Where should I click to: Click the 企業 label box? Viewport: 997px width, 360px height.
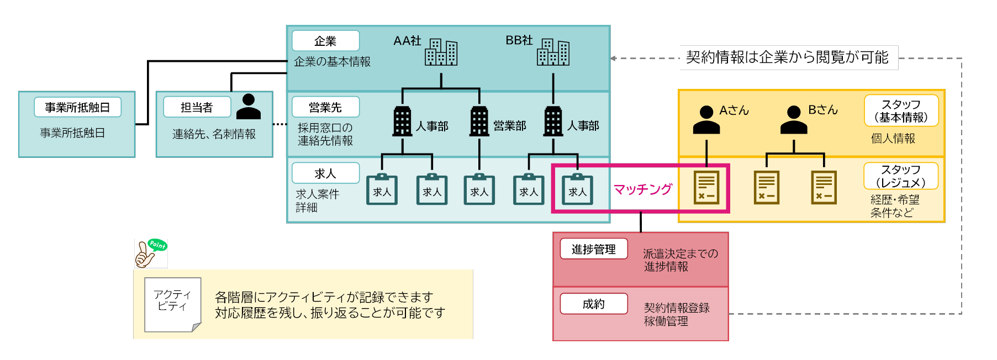[x=325, y=41]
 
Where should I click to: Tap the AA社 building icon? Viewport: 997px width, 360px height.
[x=441, y=52]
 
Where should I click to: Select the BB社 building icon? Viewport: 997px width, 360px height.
[x=553, y=52]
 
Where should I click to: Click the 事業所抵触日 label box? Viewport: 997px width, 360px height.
[x=77, y=107]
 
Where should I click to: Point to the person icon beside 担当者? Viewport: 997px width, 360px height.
[x=248, y=107]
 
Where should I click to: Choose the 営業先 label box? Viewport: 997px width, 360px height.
[x=325, y=107]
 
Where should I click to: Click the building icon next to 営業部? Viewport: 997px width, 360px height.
[x=479, y=121]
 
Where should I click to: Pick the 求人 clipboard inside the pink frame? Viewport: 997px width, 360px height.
[x=577, y=190]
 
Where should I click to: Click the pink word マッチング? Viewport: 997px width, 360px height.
[x=643, y=189]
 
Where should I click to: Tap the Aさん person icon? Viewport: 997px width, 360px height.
[x=706, y=120]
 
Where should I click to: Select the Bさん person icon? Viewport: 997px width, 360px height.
[x=794, y=120]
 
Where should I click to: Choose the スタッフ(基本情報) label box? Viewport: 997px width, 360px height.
[x=901, y=110]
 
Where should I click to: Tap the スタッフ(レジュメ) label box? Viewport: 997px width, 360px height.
[x=901, y=176]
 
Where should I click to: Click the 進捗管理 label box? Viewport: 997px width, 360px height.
[x=594, y=249]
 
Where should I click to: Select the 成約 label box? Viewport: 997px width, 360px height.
[x=594, y=304]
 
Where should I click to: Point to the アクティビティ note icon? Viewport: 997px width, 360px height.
[x=172, y=304]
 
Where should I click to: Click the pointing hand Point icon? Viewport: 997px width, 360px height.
[x=150, y=253]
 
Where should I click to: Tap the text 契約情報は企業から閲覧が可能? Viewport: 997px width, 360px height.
[x=788, y=57]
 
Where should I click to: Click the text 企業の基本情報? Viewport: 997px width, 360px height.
[x=332, y=62]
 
